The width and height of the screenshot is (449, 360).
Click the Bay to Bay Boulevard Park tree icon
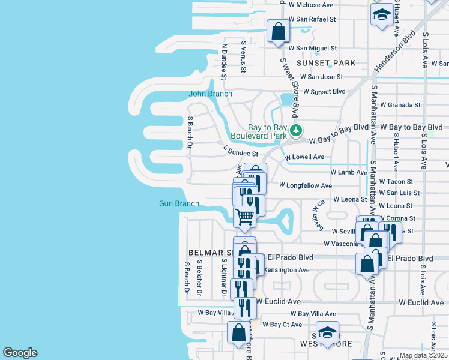(295, 130)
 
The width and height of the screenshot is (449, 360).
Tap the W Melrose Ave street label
(310, 5)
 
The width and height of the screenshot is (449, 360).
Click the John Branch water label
(210, 94)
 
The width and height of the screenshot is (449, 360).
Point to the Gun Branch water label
(179, 204)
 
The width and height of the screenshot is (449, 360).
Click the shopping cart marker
(245, 217)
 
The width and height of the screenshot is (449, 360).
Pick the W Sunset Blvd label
(324, 92)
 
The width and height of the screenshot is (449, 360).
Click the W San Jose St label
(321, 77)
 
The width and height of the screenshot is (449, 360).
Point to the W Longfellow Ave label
(306, 186)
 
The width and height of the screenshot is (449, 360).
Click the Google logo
(20, 353)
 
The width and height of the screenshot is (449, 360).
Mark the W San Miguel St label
(313, 48)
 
